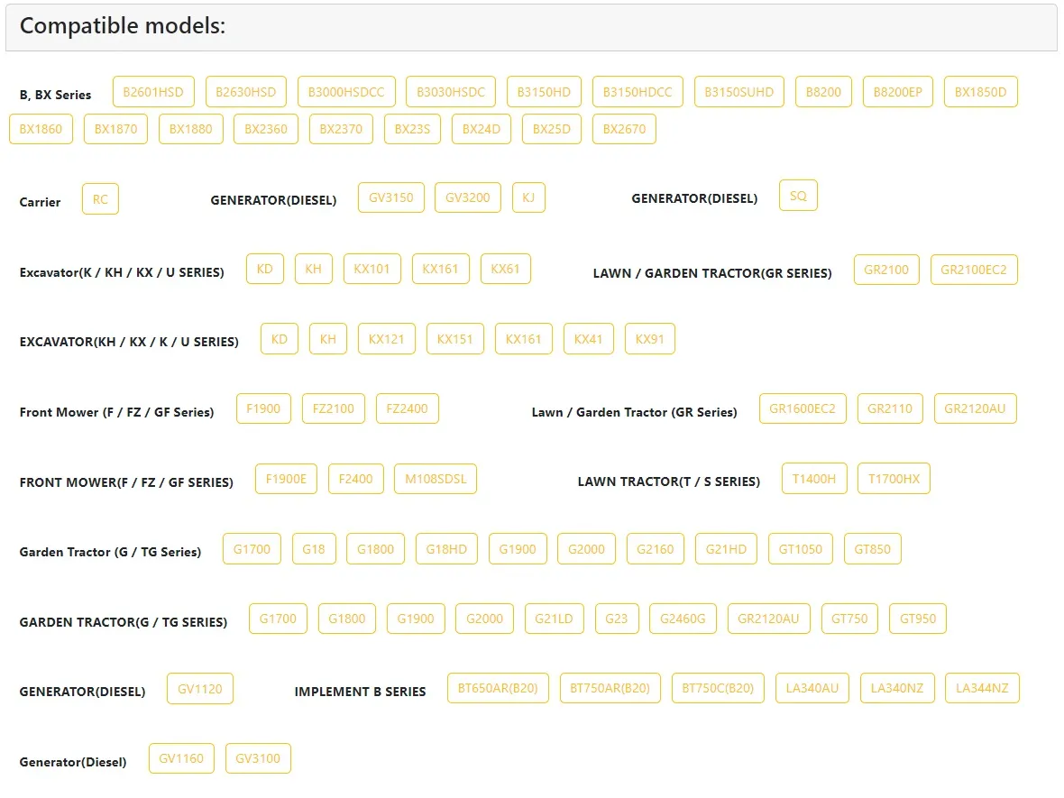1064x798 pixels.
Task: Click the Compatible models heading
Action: tap(122, 26)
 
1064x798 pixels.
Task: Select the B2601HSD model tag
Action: tap(153, 92)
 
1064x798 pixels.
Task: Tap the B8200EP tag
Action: tap(898, 92)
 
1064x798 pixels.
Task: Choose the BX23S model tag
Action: tap(413, 129)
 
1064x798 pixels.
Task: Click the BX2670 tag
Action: tap(624, 129)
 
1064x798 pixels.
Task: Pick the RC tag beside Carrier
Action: tap(100, 198)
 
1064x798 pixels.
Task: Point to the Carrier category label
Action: tap(40, 202)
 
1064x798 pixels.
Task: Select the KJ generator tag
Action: tap(528, 197)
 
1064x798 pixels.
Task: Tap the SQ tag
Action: tap(799, 196)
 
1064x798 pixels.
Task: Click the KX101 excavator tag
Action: tap(371, 269)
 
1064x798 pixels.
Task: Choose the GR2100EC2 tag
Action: tap(974, 270)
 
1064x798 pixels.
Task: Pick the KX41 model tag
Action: tap(588, 339)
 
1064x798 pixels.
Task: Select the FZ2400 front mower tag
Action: tap(408, 408)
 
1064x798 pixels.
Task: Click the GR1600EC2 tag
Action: tap(803, 408)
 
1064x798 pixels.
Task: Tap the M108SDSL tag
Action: tap(436, 479)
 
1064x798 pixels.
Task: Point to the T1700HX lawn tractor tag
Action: tap(894, 479)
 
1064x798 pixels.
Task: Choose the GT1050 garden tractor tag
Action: tap(801, 549)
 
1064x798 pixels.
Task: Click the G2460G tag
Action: tap(683, 619)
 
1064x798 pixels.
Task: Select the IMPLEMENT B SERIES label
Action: tap(361, 692)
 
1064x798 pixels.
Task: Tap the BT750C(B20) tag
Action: tap(718, 688)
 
